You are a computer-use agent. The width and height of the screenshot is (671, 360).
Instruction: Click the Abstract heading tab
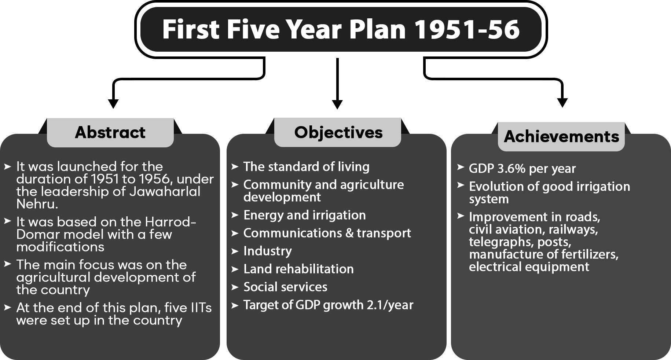coord(110,132)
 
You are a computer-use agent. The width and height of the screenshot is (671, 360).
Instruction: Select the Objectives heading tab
coord(338,132)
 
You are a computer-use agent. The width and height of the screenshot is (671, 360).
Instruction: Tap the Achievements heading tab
coord(561,136)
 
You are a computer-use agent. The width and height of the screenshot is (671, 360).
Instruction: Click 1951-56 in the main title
coord(467,29)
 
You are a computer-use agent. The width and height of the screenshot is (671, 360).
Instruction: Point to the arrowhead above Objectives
coord(337,104)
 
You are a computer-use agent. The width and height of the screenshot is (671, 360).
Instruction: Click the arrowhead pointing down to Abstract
coord(113,104)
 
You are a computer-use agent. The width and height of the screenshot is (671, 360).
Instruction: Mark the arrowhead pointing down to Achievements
coord(562,103)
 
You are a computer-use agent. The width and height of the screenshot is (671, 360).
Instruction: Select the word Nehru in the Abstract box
coord(37,204)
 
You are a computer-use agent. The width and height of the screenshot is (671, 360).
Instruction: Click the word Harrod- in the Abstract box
coord(171,222)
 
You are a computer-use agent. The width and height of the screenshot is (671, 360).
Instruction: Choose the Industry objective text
coord(268,251)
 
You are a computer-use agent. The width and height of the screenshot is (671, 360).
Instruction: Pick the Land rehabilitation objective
coord(298,269)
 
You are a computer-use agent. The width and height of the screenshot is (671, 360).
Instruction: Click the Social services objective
coord(285,287)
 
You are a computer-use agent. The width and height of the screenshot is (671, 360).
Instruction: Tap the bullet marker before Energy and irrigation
coord(235,215)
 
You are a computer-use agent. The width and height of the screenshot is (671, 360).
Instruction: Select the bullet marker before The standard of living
coord(235,167)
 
